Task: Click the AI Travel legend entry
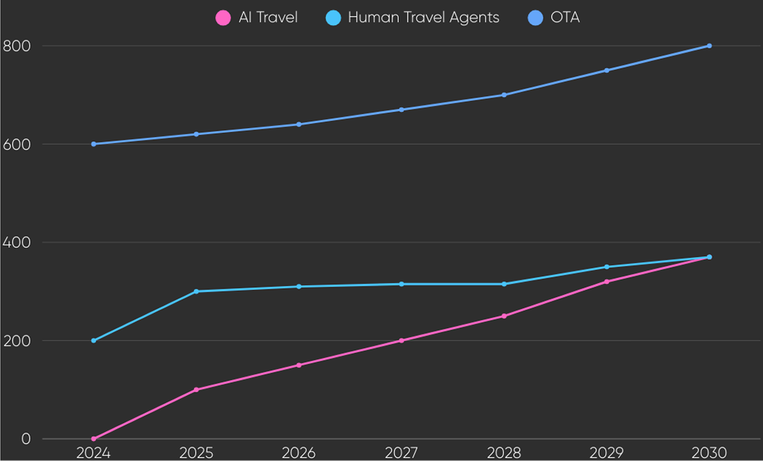(257, 17)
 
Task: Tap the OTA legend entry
(553, 17)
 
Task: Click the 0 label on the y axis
(26, 439)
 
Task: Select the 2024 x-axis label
(93, 453)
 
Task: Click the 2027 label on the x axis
(402, 453)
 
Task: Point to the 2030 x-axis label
(709, 453)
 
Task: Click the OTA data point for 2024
(93, 144)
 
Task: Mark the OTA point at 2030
(709, 46)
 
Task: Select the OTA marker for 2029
(607, 70)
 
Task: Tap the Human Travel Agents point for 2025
(196, 291)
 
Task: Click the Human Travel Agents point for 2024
(93, 341)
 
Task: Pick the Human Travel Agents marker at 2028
(504, 284)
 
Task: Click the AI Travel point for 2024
(93, 439)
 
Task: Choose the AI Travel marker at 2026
(298, 365)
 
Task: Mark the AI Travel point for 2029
(607, 281)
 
